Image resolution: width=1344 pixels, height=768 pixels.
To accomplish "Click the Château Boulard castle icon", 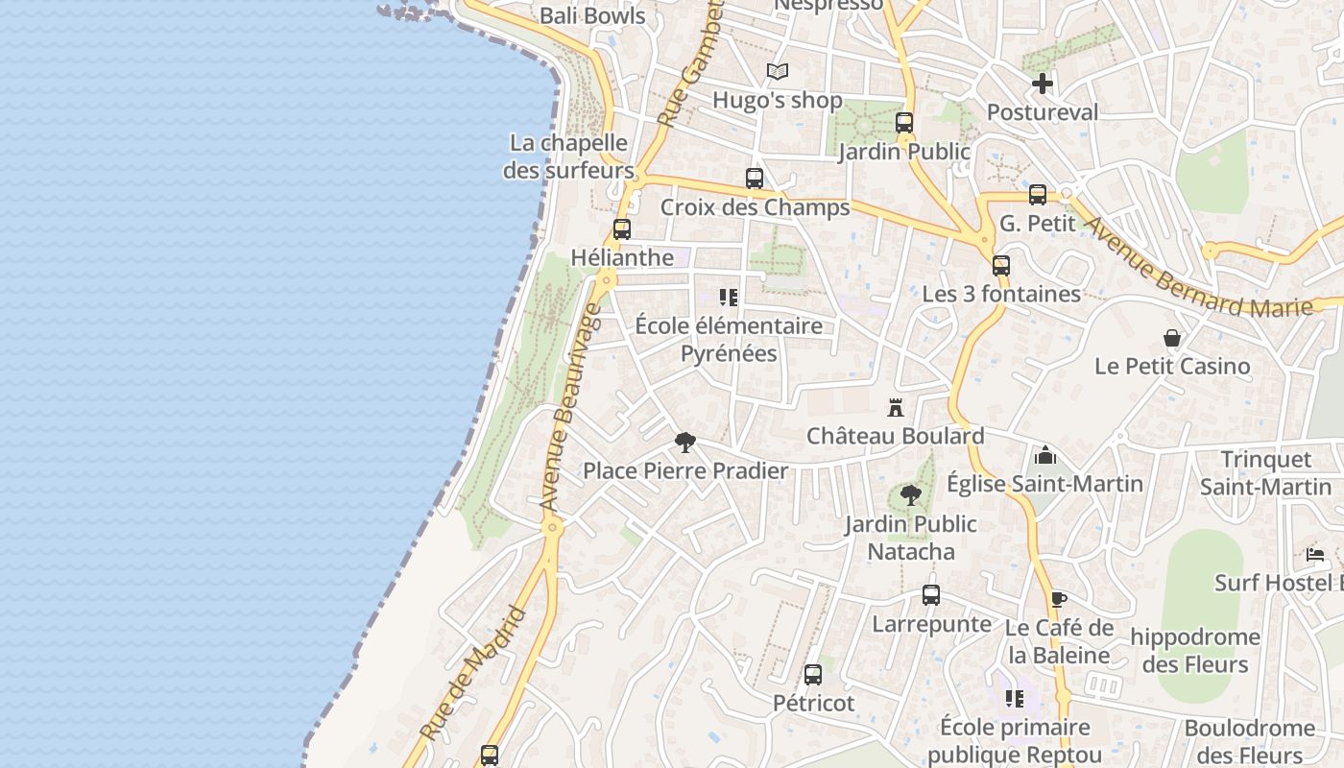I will pyautogui.click(x=896, y=407).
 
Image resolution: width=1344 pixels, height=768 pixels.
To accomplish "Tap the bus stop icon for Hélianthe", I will pyautogui.click(x=622, y=229).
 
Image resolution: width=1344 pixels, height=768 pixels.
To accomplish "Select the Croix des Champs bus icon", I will pyautogui.click(x=755, y=179).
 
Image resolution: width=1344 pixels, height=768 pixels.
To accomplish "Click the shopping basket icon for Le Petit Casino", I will pyautogui.click(x=1172, y=338).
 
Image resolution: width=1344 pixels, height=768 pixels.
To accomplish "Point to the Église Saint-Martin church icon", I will pyautogui.click(x=1045, y=455).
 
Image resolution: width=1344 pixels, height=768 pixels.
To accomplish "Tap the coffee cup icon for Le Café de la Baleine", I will pyautogui.click(x=1058, y=600).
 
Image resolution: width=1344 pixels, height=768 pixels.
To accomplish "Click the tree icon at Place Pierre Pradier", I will pyautogui.click(x=684, y=443).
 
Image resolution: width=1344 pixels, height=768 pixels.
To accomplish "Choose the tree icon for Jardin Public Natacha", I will pyautogui.click(x=910, y=495).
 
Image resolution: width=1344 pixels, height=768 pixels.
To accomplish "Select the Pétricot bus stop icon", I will pyautogui.click(x=813, y=675).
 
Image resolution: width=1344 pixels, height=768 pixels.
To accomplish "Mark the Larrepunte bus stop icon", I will pyautogui.click(x=931, y=595).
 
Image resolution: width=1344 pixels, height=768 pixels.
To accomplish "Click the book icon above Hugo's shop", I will pyautogui.click(x=778, y=71).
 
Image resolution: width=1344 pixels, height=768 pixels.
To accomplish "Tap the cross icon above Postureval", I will pyautogui.click(x=1043, y=84).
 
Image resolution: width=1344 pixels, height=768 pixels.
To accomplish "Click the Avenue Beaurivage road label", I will pyautogui.click(x=570, y=408).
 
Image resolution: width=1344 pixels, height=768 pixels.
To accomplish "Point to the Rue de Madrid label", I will pyautogui.click(x=474, y=673).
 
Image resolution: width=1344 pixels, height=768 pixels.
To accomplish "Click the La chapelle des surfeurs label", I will pyautogui.click(x=568, y=156).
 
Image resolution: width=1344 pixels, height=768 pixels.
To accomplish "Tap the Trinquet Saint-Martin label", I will pyautogui.click(x=1265, y=473).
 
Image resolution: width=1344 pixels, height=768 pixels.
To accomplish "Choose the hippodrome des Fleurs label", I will pyautogui.click(x=1194, y=650).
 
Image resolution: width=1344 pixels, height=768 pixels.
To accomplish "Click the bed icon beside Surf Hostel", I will pyautogui.click(x=1315, y=554).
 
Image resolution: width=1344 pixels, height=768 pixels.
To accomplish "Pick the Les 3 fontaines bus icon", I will pyautogui.click(x=1001, y=266).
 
